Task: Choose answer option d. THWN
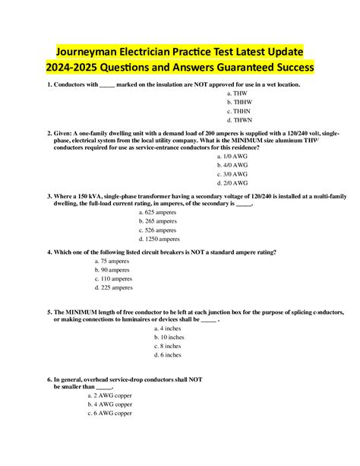coord(241,120)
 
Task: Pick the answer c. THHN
coord(241,111)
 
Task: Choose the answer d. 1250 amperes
coord(163,239)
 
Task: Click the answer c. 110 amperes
coord(113,279)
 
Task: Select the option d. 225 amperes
coord(113,288)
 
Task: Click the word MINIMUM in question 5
coord(84,312)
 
